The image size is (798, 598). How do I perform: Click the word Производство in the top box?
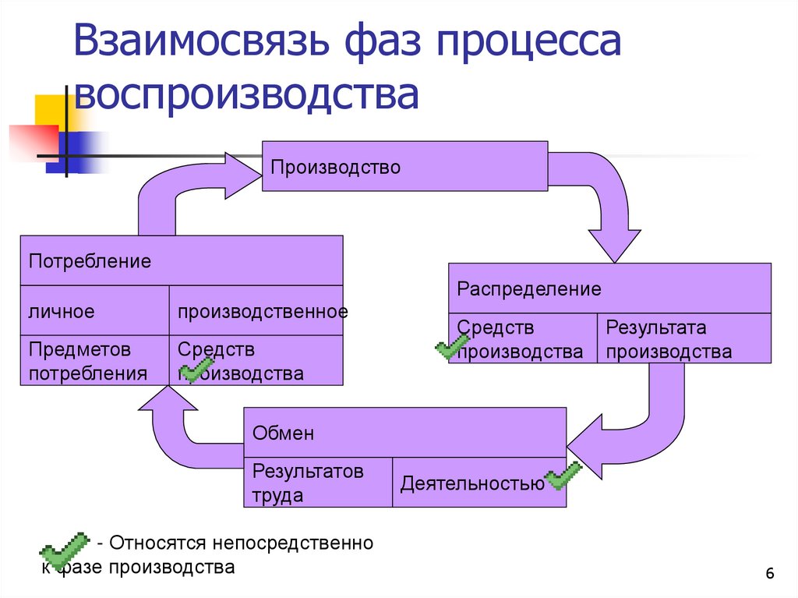click(x=335, y=168)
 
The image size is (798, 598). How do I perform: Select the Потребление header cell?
click(x=181, y=260)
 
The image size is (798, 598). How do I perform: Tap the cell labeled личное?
click(x=94, y=311)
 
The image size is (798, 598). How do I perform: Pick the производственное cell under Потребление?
click(x=256, y=311)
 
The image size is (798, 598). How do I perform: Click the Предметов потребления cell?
click(x=94, y=361)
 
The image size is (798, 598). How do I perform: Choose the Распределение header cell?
click(x=609, y=288)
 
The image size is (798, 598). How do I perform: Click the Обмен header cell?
click(x=404, y=433)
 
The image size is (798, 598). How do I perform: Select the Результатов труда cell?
click(x=318, y=483)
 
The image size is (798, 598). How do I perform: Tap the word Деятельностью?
click(x=472, y=484)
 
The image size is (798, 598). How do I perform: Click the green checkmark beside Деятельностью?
click(x=563, y=476)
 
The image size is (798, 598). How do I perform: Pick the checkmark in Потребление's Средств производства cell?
click(x=196, y=370)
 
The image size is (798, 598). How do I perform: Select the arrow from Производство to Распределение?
click(x=608, y=203)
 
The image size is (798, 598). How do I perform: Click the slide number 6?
click(x=770, y=575)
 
